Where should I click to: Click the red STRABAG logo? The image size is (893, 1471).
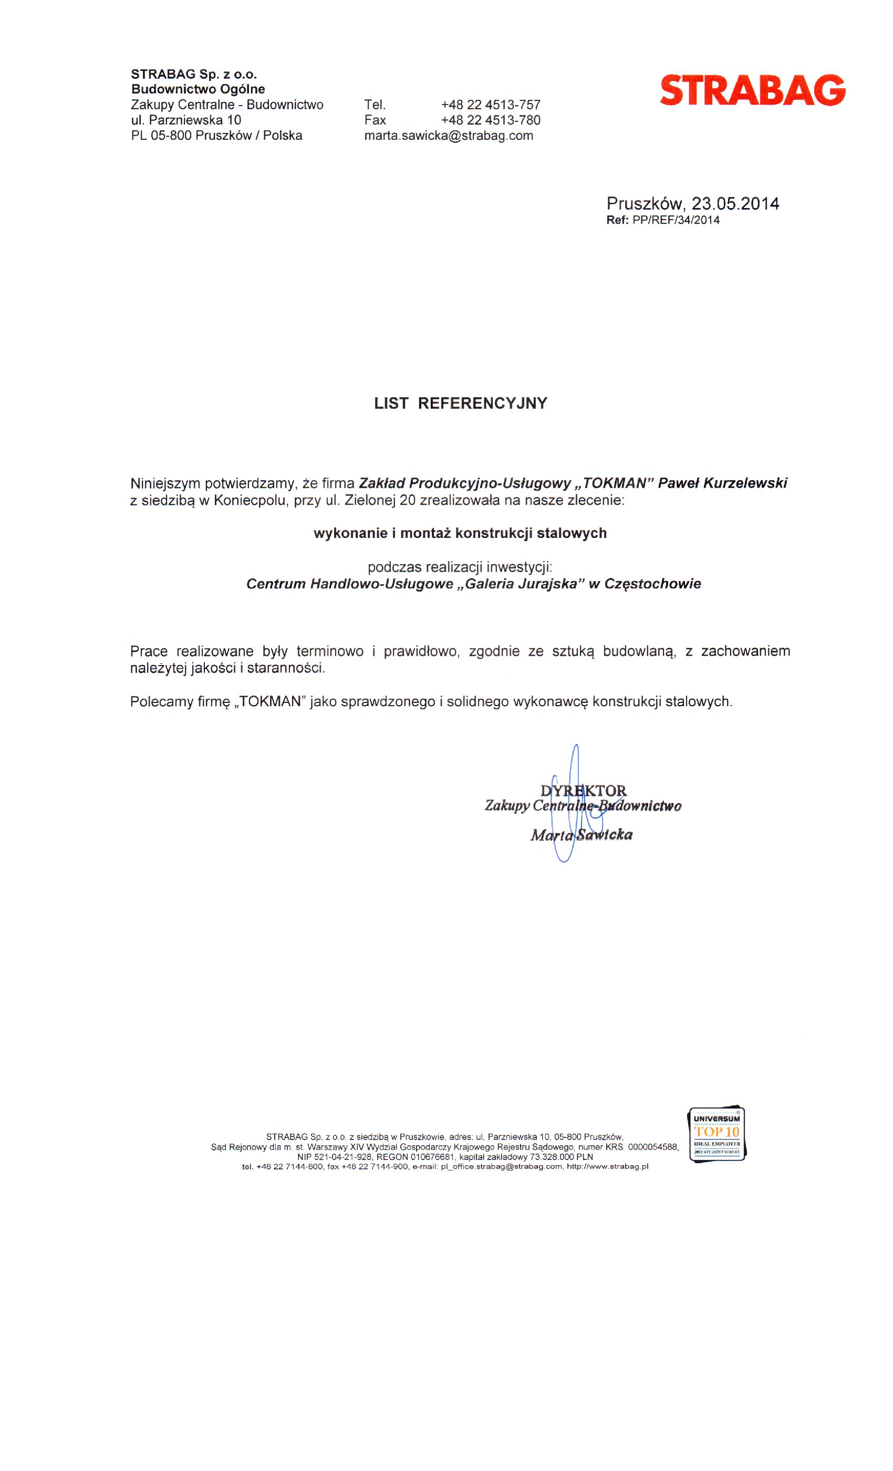point(752,90)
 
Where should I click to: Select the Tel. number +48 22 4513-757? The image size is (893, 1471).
point(490,105)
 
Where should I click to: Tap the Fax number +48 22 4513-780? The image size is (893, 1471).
point(490,120)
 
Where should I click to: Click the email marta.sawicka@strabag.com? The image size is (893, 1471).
point(448,136)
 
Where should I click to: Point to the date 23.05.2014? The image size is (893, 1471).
point(735,204)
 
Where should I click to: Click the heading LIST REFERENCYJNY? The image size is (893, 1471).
point(460,403)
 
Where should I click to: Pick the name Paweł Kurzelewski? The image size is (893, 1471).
point(722,483)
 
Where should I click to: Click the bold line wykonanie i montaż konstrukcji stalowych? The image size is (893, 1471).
point(460,533)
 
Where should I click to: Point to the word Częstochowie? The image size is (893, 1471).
point(652,584)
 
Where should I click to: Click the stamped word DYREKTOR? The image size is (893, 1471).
point(583,791)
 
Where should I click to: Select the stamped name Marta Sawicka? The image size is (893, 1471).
point(581,835)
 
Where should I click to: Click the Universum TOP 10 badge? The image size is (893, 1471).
point(717,1134)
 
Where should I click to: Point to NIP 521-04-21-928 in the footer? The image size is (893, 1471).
point(334,1156)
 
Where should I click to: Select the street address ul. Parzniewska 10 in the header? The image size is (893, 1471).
point(186,120)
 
